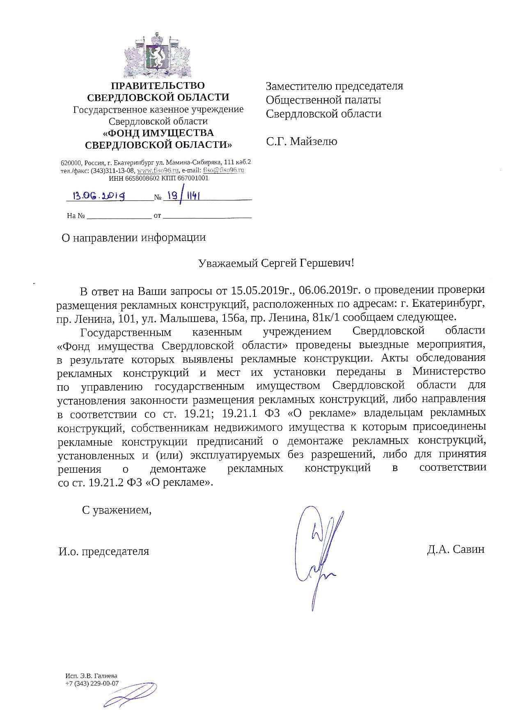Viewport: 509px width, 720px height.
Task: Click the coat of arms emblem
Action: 158,54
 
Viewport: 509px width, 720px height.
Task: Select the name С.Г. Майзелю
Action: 301,142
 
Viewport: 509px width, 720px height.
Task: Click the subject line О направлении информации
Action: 133,237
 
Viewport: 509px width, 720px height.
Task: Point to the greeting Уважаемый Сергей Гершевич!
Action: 276,263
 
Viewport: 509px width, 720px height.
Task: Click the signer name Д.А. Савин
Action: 456,550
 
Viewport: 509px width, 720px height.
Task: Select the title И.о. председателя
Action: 104,551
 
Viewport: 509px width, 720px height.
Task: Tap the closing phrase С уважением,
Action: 117,510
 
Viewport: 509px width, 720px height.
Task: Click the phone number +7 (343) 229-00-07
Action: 92,683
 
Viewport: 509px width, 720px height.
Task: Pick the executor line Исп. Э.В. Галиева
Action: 91,676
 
